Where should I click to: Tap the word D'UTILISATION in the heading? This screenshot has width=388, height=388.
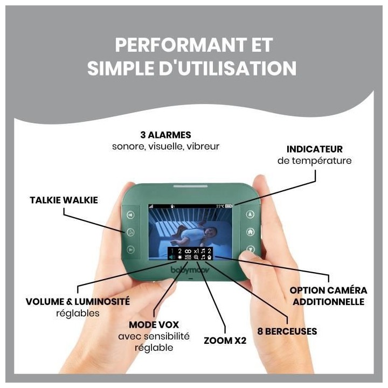[x=227, y=68]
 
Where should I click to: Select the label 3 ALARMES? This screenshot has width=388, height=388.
[x=165, y=135]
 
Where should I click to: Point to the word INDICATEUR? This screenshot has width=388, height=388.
[x=315, y=149]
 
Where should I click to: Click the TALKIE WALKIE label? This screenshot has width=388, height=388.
[x=64, y=200]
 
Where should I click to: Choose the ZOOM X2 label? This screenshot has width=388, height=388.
[x=225, y=341]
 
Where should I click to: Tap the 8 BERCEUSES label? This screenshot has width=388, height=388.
[x=287, y=331]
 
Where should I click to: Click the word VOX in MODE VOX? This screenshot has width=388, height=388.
[x=168, y=324]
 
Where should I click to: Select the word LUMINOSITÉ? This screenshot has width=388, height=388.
[x=102, y=301]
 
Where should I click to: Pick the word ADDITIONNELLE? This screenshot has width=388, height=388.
[x=328, y=302]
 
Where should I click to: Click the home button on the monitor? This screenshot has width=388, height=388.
[x=251, y=232]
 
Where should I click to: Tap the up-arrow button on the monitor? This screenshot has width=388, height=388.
[x=251, y=214]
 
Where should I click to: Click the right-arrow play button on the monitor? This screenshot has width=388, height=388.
[x=130, y=250]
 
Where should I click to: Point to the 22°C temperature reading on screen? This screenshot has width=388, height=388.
[x=220, y=206]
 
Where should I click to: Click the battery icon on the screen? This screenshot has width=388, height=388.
[x=228, y=206]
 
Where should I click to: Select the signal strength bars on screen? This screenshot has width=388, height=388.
[x=151, y=206]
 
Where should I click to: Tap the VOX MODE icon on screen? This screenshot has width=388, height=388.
[x=188, y=258]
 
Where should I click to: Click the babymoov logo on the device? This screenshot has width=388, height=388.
[x=190, y=269]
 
